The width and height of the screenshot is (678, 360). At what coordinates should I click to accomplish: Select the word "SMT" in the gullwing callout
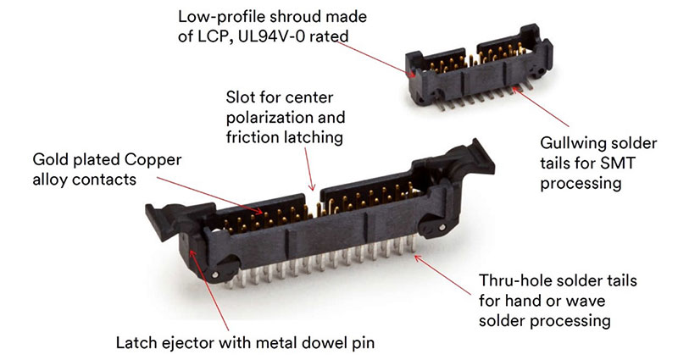(620, 163)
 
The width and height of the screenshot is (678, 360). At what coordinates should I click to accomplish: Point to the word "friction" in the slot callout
(253, 137)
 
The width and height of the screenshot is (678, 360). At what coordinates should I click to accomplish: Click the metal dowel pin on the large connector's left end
(215, 274)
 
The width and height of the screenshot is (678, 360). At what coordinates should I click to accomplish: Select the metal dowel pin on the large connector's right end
(442, 227)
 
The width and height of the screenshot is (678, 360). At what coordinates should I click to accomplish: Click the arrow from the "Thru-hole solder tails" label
(442, 274)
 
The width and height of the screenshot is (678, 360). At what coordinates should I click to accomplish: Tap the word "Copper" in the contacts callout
(153, 160)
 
